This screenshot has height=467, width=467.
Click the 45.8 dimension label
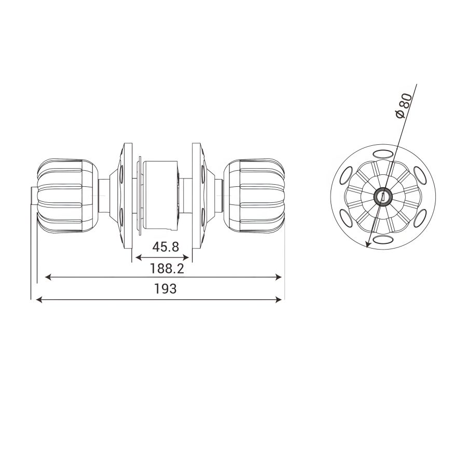166,246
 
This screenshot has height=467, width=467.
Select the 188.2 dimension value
167,269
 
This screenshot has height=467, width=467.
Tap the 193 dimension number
166,289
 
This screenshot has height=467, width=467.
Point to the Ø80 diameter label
405,106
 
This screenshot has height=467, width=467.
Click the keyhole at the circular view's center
383,196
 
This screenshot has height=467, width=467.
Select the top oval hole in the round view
383,154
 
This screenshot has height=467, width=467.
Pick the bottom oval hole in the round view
383,239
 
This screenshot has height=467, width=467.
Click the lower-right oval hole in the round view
420,218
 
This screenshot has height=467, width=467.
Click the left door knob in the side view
68,196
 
